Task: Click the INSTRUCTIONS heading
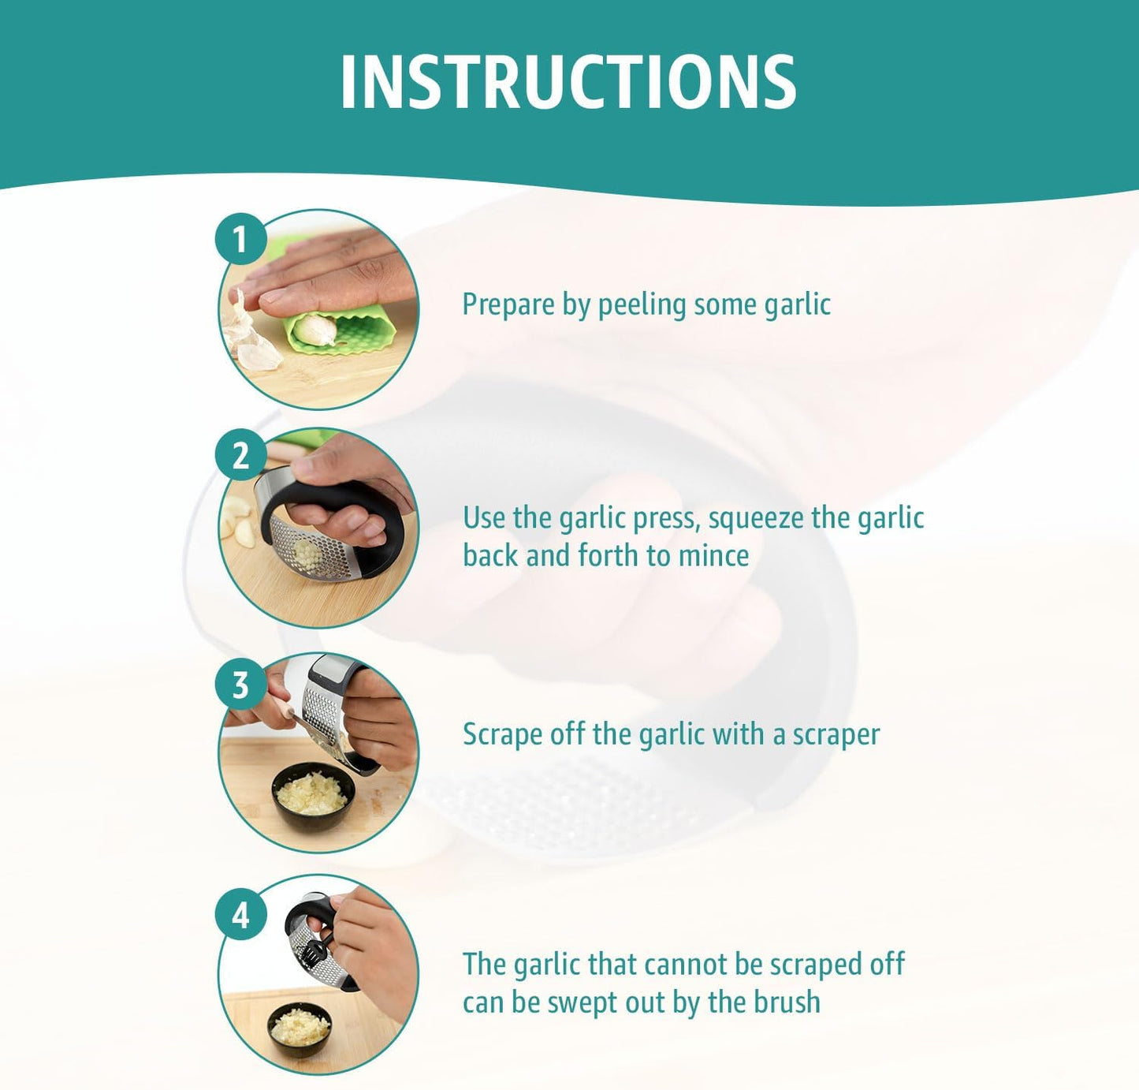pyautogui.click(x=568, y=82)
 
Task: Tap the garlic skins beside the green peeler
pyautogui.click(x=248, y=339)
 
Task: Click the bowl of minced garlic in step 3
pyautogui.click(x=312, y=797)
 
